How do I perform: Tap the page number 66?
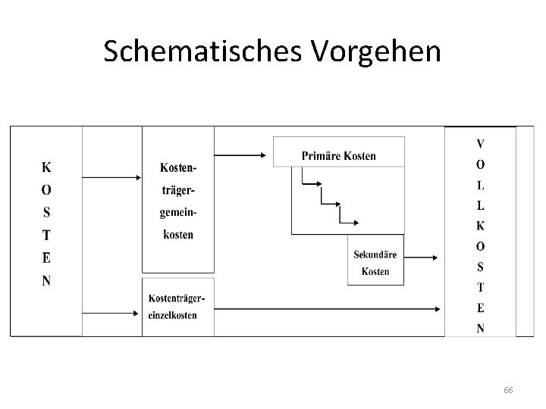tap(508, 389)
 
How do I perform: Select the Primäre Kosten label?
tap(338, 156)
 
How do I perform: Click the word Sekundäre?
tap(375, 255)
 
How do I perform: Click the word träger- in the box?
tap(177, 189)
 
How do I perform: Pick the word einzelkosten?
tap(173, 315)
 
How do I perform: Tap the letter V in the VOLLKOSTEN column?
tap(481, 142)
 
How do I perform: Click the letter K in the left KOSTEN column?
tap(46, 166)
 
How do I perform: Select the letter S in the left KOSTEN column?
tap(46, 211)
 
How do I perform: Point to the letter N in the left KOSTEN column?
tap(46, 280)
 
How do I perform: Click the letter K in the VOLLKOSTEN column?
tap(481, 225)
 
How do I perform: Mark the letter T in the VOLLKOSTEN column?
tap(481, 287)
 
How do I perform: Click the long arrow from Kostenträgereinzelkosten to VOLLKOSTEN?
tap(326, 308)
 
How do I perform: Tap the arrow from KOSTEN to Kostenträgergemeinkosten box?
tap(111, 177)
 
